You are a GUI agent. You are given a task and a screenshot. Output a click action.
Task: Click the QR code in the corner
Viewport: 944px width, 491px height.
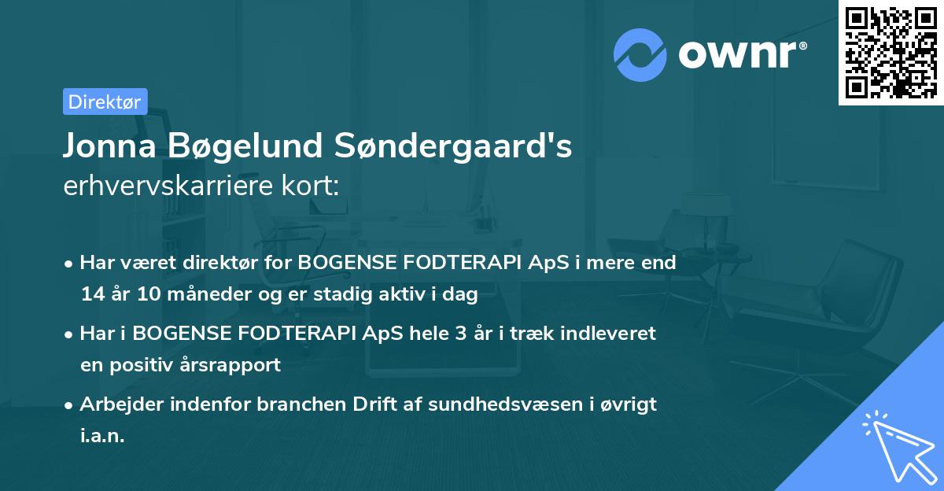point(891,53)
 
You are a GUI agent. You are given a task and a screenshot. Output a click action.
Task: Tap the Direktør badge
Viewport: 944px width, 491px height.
point(105,102)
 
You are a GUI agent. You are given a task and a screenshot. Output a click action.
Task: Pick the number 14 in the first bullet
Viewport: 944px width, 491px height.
point(90,295)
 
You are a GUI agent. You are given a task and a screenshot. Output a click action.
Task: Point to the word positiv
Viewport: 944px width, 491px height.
point(151,366)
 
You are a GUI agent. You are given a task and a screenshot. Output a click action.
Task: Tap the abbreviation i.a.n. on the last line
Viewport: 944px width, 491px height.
point(102,437)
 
